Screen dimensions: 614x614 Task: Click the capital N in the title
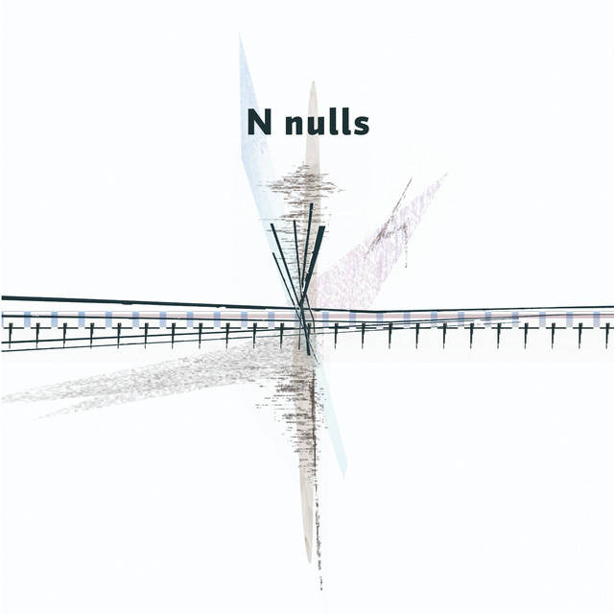[x=259, y=123]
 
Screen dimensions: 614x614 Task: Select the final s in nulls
[x=361, y=125]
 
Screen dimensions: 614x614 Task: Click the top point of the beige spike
[x=312, y=83]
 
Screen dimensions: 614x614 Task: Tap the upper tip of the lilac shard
[x=446, y=175]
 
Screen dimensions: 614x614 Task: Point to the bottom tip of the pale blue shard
[x=343, y=476]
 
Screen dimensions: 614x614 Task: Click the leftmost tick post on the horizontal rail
[x=10, y=334]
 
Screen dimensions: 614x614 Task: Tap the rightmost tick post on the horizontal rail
[x=607, y=334]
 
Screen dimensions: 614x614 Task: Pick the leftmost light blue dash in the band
[x=27, y=318]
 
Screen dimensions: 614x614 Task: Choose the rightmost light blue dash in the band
[x=597, y=318]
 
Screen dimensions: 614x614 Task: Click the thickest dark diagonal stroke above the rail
[x=314, y=251]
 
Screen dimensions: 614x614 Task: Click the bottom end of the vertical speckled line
[x=320, y=587]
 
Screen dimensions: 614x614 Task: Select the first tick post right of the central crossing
[x=336, y=334]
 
